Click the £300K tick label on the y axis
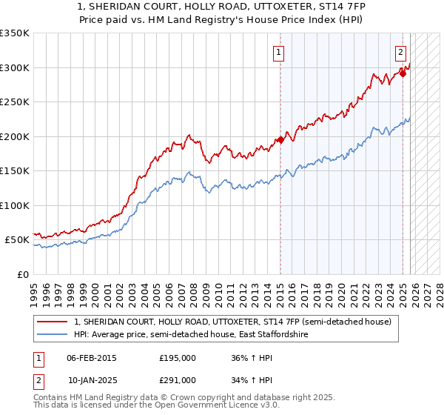coord(15,67)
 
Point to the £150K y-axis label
coord(15,170)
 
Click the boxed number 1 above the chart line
coord(278,52)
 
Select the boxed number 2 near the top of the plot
coord(400,52)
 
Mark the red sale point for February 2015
coord(280,140)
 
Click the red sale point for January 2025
coord(403,73)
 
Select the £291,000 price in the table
coord(177,379)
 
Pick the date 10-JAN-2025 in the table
coord(92,379)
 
